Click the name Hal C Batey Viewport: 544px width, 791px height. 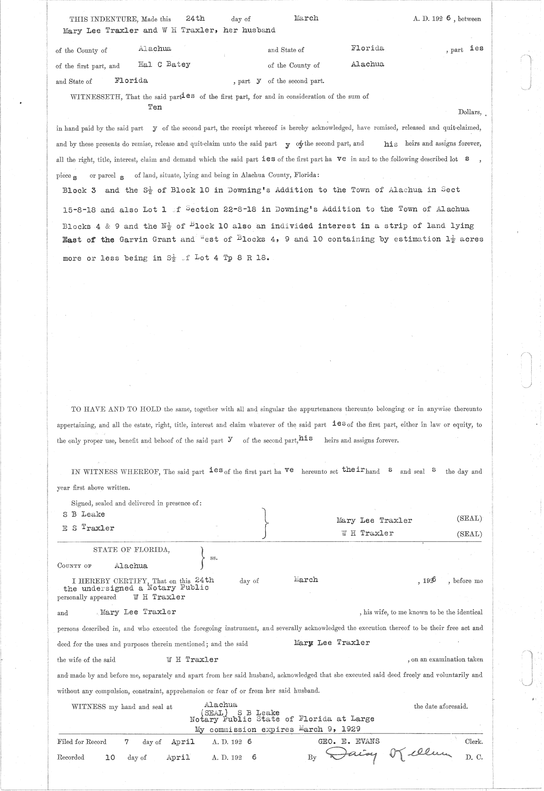tap(164, 64)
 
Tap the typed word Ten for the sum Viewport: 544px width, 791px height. tap(155, 107)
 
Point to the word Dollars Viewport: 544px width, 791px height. tap(470, 112)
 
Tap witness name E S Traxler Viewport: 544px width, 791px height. tap(88, 528)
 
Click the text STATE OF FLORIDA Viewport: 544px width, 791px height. tap(131, 550)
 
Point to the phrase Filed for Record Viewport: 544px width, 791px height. tap(82, 742)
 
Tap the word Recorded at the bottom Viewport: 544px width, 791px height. tap(71, 757)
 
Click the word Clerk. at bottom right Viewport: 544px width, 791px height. tap(473, 742)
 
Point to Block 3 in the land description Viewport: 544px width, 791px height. tap(79, 190)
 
